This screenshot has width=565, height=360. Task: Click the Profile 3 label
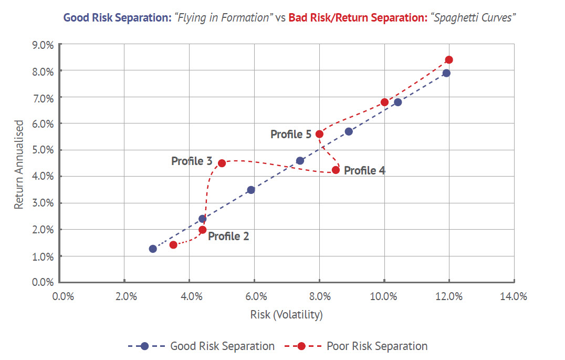click(192, 161)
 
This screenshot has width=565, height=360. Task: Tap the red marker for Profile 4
click(336, 170)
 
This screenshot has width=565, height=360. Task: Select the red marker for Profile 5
click(319, 134)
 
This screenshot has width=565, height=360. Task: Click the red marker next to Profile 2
click(203, 230)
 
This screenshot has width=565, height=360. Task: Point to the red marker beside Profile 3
click(222, 163)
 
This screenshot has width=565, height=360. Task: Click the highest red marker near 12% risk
click(448, 60)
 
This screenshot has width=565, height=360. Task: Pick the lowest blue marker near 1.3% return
click(153, 249)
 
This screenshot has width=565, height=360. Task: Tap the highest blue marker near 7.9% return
click(446, 73)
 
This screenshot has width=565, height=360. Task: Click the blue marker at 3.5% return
click(251, 190)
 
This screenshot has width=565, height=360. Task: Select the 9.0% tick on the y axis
click(43, 45)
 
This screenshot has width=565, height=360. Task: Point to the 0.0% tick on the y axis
click(43, 282)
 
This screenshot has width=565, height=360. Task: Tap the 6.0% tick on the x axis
click(254, 296)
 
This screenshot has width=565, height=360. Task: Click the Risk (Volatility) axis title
click(287, 315)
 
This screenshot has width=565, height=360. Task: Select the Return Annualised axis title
click(19, 164)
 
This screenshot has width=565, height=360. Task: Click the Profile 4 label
click(364, 170)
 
